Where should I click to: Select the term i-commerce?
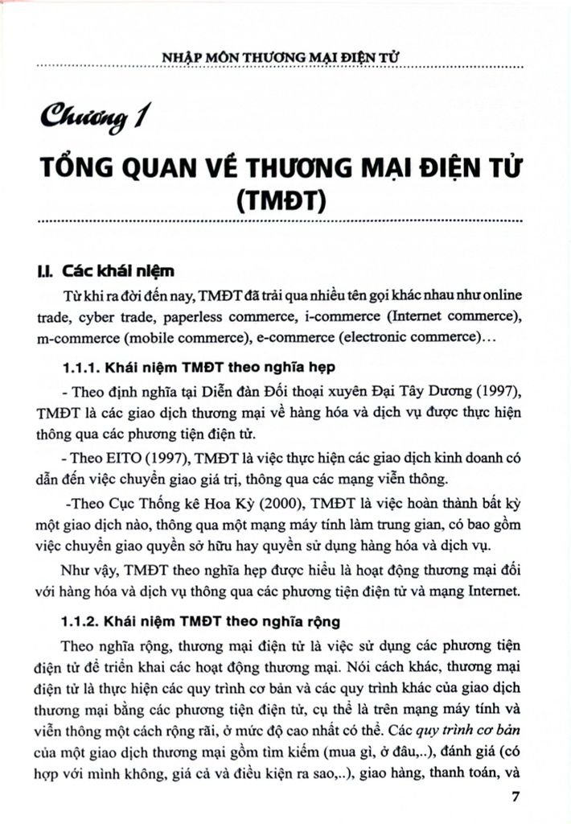point(362,316)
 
